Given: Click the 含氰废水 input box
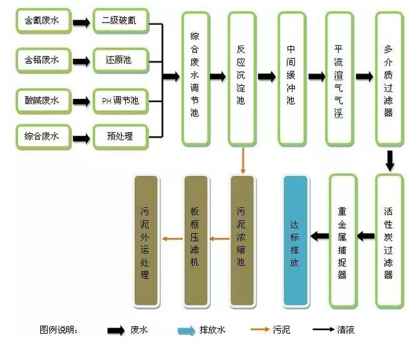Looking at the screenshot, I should pyautogui.click(x=42, y=23).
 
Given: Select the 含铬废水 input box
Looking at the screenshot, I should pyautogui.click(x=42, y=61).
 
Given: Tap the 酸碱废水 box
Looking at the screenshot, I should pyautogui.click(x=42, y=99).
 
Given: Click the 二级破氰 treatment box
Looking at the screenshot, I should pyautogui.click(x=122, y=23).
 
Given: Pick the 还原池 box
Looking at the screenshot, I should pyautogui.click(x=122, y=61).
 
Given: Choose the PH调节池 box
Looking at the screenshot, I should pyautogui.click(x=122, y=99).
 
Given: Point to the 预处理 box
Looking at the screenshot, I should pyautogui.click(x=122, y=136).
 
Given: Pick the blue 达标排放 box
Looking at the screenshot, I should pyautogui.click(x=296, y=241).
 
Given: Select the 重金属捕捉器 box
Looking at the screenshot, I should pyautogui.click(x=343, y=241).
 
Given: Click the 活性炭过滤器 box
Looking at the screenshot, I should pyautogui.click(x=388, y=241).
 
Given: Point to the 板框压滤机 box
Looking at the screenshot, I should pyautogui.click(x=195, y=241).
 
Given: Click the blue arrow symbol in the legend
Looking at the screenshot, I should pyautogui.click(x=186, y=330).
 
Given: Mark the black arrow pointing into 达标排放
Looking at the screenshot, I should pyautogui.click(x=320, y=236).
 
